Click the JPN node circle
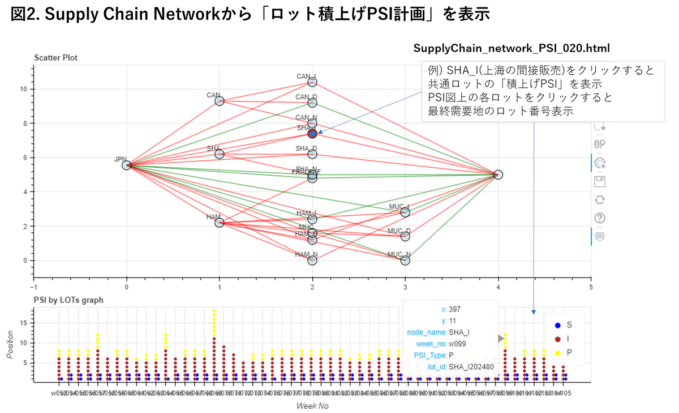tap(127, 165)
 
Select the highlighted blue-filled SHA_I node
tap(312, 134)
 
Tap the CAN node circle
tap(220, 101)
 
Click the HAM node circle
tap(220, 223)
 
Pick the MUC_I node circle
tap(405, 212)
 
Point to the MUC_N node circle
tap(405, 261)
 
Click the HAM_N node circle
tap(312, 261)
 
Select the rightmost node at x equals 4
tap(498, 174)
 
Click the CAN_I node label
tap(307, 76)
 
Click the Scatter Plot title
tap(55, 58)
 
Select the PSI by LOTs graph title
tap(68, 300)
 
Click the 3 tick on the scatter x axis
tap(405, 287)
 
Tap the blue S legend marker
tap(558, 325)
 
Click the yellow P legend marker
tap(558, 352)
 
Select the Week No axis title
tap(312, 406)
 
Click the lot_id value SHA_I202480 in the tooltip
tap(471, 367)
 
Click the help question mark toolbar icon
tap(600, 218)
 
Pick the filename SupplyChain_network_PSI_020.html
tap(512, 48)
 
